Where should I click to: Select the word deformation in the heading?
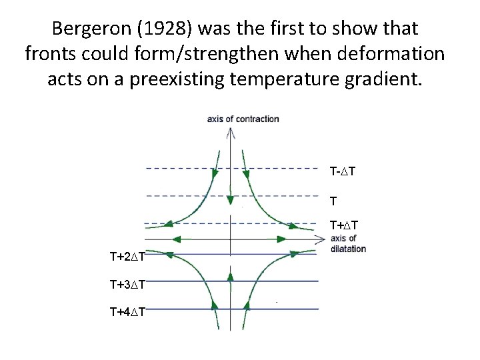click(393, 54)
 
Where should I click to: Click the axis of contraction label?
click(243, 119)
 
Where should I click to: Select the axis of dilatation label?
click(348, 243)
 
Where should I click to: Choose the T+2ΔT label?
click(128, 256)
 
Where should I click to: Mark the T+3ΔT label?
click(128, 285)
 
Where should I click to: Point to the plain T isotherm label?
click(333, 200)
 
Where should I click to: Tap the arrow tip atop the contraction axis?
click(230, 131)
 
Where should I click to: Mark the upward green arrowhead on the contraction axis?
click(230, 275)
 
